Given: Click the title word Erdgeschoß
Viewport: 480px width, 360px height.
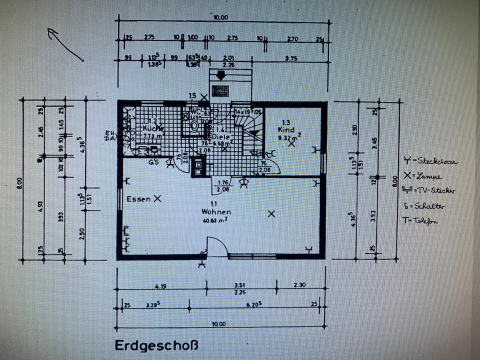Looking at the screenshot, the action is (x=156, y=345).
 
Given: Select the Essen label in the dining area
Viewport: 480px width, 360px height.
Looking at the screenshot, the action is (x=138, y=199).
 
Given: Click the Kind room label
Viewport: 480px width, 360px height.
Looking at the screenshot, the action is (x=286, y=129).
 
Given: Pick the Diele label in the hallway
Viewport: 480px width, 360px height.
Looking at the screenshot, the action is (x=220, y=136).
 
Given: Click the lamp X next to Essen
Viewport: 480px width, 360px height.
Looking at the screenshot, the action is (x=157, y=198).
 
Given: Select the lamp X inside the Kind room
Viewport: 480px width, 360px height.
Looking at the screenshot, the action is (x=291, y=143).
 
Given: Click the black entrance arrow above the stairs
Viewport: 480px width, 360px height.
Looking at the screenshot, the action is (x=220, y=75).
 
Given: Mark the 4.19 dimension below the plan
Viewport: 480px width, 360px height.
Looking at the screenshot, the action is (x=160, y=286).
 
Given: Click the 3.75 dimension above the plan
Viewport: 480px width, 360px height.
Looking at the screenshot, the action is (x=290, y=58).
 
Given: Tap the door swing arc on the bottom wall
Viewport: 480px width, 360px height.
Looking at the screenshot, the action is (x=218, y=246).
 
